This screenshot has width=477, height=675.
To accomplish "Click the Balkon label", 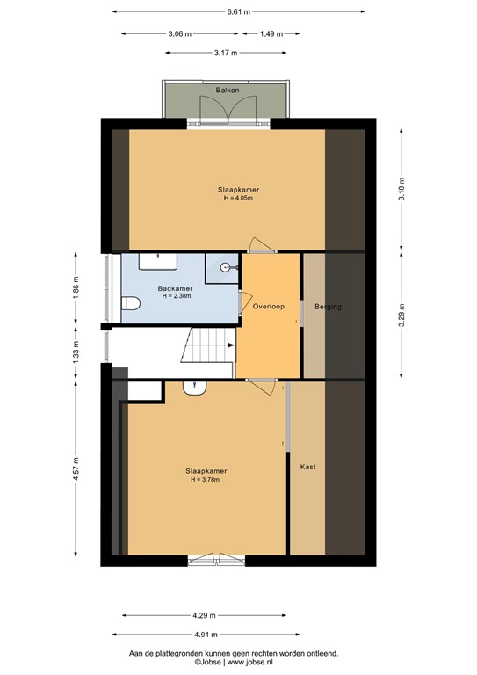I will (228, 90).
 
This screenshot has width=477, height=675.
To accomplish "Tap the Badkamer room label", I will (175, 288).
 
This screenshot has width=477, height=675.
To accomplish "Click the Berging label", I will (327, 307).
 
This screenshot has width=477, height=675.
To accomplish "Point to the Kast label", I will (307, 466).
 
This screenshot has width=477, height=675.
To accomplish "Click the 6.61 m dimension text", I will (239, 12).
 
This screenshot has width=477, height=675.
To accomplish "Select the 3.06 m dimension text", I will (180, 34).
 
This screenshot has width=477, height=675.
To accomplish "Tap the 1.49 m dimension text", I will (271, 34).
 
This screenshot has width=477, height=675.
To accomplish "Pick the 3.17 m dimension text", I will (226, 54).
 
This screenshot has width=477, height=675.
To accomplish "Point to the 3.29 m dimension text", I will (401, 316).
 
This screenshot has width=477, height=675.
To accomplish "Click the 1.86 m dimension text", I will (76, 289).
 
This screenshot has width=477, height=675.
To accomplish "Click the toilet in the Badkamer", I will (130, 304).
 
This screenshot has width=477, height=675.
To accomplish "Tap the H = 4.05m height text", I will (238, 198).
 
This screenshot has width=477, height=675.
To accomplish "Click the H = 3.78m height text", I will (200, 479).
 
